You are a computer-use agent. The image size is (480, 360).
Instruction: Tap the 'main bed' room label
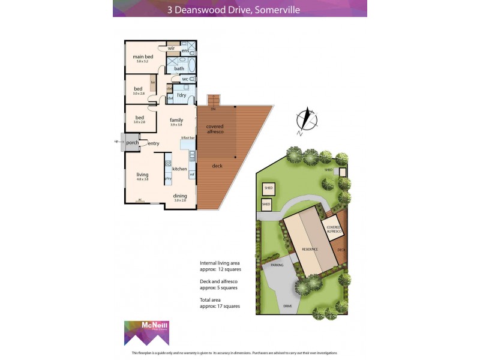[x=142, y=57]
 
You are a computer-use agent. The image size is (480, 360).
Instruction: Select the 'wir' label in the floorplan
[x=171, y=48]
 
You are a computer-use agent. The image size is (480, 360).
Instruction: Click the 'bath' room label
[x=179, y=68]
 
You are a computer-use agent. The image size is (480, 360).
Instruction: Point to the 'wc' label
[x=185, y=79]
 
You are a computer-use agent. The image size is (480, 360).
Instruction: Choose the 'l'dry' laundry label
[x=181, y=95]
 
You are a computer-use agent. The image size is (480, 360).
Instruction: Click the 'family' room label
[x=176, y=120]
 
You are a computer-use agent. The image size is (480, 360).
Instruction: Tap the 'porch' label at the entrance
[x=132, y=143]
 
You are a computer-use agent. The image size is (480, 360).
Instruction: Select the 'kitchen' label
[x=180, y=169]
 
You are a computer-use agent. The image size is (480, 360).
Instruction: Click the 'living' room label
[x=142, y=175]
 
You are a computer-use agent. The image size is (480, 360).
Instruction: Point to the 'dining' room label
[x=180, y=196]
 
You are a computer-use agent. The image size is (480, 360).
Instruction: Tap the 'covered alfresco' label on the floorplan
[x=215, y=129]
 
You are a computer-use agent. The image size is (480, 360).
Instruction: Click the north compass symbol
[x=307, y=118]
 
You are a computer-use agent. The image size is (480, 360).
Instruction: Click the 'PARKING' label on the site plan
[x=277, y=265]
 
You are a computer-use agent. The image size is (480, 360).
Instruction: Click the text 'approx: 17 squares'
[x=220, y=306]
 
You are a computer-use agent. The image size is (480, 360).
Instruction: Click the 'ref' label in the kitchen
[x=192, y=174]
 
